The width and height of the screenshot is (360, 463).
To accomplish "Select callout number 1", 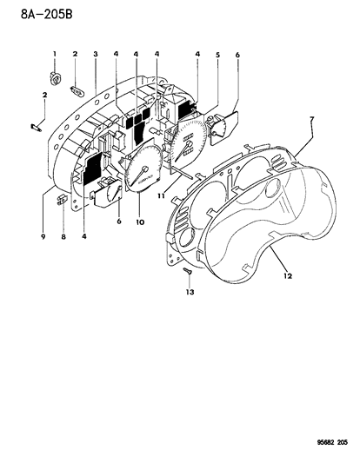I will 54,55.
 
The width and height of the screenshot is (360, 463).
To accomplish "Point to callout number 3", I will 96,55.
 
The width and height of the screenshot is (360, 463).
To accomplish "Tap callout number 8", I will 63,235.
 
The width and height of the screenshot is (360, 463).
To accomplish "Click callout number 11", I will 162,197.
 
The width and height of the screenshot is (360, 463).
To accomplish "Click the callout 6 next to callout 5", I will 237,56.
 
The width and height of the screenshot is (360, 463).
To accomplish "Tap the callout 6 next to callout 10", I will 118,222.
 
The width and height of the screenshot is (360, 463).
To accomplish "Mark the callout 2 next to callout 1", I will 75,55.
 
